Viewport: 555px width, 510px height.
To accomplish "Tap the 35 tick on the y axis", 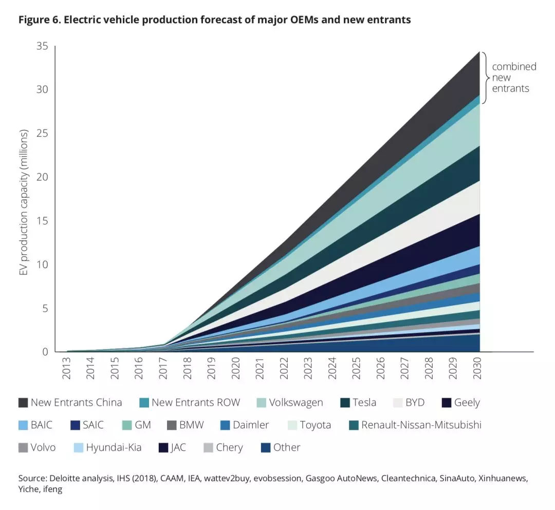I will tap(42, 46).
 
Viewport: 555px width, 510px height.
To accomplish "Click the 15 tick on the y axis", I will tap(42, 221).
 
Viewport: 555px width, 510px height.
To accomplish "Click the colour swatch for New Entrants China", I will tap(23, 403).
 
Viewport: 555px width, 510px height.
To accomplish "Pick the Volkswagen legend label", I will tap(296, 403).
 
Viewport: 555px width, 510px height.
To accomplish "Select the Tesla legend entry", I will tap(364, 403).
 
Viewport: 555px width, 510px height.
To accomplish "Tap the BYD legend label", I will tap(415, 403).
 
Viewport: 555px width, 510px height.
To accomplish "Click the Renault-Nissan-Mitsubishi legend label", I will tap(421, 425).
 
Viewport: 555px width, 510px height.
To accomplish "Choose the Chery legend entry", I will tap(229, 448).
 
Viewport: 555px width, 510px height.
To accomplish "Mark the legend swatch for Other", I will tap(266, 448).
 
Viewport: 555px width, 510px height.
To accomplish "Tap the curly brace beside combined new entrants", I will tap(485, 77).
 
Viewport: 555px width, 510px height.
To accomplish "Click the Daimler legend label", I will tap(251, 425).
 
